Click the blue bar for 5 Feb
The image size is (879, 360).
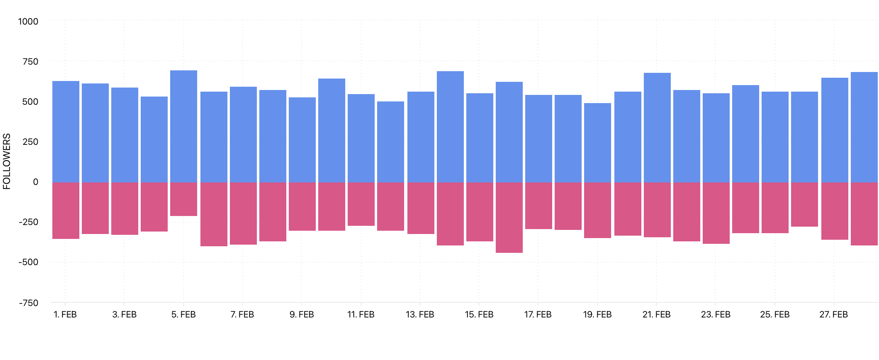click(184, 126)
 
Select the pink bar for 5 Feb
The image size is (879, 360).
click(184, 199)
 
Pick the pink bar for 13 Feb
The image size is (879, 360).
click(421, 208)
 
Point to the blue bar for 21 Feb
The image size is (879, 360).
click(657, 128)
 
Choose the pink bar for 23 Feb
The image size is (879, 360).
click(716, 213)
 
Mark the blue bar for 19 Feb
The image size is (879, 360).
click(598, 143)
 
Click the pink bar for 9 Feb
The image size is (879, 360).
click(302, 207)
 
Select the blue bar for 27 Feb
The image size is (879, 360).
click(834, 130)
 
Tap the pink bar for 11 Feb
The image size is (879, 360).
click(361, 204)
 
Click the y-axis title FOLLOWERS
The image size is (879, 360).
click(7, 162)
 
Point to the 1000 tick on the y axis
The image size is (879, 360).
click(28, 21)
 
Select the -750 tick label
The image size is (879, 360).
click(28, 303)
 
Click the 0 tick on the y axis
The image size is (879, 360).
click(35, 182)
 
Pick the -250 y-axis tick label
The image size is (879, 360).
click(28, 222)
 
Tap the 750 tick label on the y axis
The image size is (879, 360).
click(30, 62)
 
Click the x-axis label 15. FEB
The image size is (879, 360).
click(479, 315)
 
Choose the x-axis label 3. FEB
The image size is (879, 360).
click(124, 315)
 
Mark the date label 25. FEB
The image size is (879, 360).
click(775, 315)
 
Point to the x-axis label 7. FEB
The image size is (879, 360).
click(242, 315)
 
